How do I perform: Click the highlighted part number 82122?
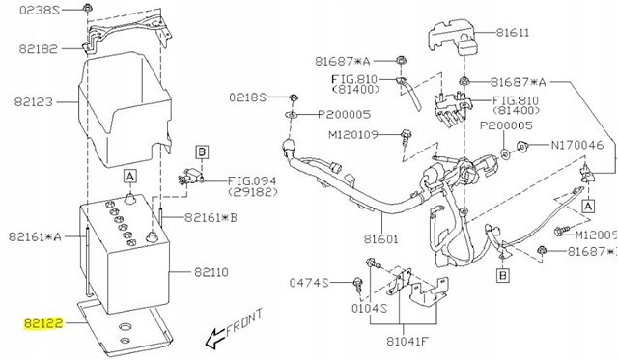point(43,323)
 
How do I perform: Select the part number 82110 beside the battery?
point(211,272)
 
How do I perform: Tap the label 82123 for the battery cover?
point(34,102)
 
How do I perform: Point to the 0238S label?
point(40,10)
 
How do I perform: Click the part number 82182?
point(39,49)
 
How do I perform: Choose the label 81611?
point(513,32)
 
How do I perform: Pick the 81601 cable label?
point(380,239)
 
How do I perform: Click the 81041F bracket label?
point(407,341)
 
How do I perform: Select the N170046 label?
point(577,146)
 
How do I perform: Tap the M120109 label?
point(353,135)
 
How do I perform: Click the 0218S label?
point(248,97)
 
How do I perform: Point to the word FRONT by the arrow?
point(244,321)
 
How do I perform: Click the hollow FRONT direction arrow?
point(215,339)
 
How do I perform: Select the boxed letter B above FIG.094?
point(202,152)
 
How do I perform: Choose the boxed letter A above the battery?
point(129,176)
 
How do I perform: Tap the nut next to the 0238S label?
point(88,7)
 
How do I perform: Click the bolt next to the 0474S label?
point(358,285)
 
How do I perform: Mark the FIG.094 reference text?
point(252,181)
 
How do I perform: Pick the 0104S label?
point(369,308)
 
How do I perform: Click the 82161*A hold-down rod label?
point(35,236)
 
